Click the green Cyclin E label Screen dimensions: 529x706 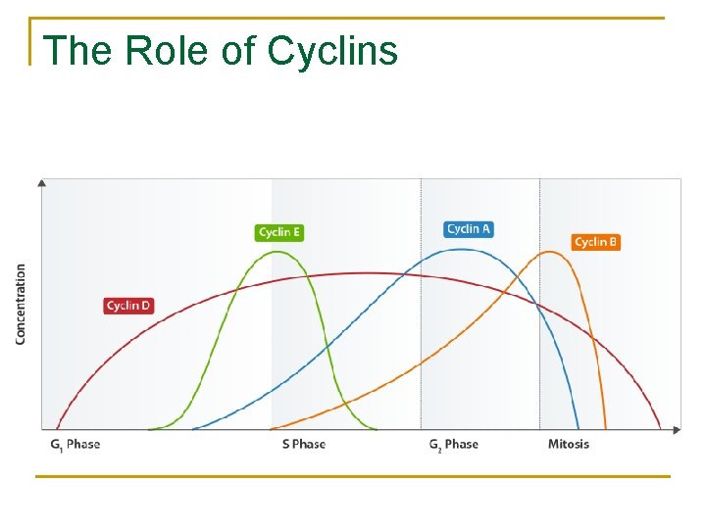(279, 232)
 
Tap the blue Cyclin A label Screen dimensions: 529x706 (469, 229)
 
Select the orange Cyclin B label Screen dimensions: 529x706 (596, 242)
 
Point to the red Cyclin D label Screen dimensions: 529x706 (128, 306)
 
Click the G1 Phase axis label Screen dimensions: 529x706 (76, 445)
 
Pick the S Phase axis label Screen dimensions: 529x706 (303, 445)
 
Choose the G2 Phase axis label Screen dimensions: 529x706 (454, 445)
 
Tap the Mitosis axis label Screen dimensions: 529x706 (569, 445)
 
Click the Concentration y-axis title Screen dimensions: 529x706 (21, 304)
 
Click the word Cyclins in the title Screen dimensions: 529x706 (332, 51)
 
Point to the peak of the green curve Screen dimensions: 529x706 (279, 252)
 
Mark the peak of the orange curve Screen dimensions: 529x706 (552, 252)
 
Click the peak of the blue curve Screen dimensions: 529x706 (457, 249)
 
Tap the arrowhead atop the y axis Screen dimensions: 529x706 (41, 182)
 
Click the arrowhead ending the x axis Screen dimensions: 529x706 (676, 429)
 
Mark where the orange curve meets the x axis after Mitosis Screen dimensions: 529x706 (606, 428)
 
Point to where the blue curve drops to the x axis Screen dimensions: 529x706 (579, 428)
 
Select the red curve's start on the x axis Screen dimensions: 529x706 (57, 428)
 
